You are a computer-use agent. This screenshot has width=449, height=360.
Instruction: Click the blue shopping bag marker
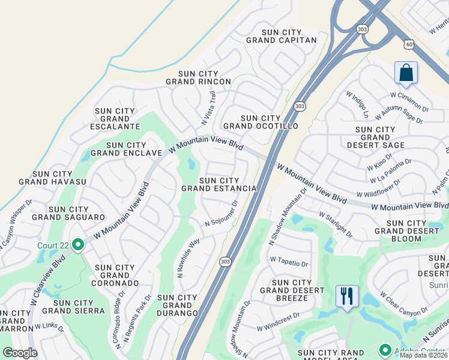click(406, 73)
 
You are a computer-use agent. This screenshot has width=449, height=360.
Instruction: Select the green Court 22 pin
click(78, 245)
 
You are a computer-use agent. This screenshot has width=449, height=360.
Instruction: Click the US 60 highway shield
click(408, 44)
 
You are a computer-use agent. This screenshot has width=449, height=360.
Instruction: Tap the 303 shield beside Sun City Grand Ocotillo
click(300, 106)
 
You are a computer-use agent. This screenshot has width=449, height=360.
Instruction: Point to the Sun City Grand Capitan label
click(281, 36)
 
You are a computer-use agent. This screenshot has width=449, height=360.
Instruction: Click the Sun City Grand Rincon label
click(198, 77)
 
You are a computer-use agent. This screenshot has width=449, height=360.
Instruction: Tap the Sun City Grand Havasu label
click(52, 178)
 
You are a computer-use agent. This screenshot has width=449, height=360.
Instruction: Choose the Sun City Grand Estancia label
click(219, 184)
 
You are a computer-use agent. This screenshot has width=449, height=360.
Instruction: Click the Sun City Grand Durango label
click(177, 305)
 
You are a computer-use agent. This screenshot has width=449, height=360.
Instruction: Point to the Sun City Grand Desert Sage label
click(375, 137)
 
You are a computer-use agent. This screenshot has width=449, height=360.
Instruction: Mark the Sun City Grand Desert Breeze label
click(292, 290)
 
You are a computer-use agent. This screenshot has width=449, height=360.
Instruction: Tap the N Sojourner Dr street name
click(221, 214)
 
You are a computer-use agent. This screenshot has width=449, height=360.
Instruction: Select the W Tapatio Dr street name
click(289, 263)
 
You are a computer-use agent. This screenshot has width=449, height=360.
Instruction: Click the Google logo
click(20, 353)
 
